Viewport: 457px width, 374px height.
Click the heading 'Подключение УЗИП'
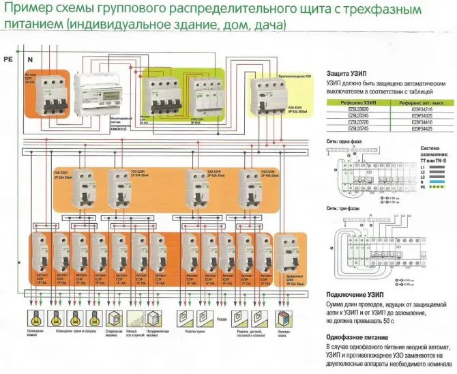coord(362,294)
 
